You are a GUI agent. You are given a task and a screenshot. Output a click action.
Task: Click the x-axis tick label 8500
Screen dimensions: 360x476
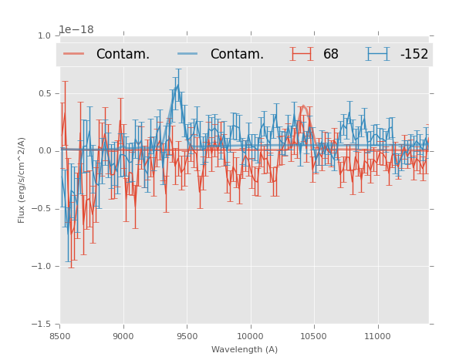click(60, 336)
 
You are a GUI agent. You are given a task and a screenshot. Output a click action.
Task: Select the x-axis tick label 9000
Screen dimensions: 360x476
click(123, 336)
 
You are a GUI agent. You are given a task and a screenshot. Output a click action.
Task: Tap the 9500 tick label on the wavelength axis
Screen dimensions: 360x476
click(187, 336)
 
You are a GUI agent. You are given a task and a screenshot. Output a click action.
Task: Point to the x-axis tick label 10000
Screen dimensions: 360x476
click(251, 336)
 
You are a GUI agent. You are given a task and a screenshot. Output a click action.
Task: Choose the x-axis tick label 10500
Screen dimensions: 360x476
click(314, 336)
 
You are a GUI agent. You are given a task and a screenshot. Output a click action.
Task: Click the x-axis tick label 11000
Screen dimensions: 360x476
click(377, 336)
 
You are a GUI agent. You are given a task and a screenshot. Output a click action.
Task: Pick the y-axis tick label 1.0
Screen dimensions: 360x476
click(46, 35)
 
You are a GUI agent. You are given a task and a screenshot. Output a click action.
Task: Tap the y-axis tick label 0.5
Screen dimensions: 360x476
click(46, 93)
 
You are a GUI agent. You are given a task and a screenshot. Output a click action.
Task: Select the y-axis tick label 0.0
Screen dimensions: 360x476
click(46, 151)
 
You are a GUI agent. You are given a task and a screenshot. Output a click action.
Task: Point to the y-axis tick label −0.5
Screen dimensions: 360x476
click(43, 209)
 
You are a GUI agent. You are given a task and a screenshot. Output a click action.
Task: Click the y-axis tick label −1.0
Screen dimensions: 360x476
click(43, 267)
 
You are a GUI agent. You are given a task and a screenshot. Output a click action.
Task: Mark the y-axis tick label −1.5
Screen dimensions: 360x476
click(43, 325)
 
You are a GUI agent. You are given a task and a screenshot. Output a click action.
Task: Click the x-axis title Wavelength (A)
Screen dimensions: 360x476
click(245, 349)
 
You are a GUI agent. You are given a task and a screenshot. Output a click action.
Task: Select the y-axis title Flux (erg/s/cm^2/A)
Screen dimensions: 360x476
click(22, 180)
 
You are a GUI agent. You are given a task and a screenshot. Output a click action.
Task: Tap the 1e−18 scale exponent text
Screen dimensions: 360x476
click(76, 30)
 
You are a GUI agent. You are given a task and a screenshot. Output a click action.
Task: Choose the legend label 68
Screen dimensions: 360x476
click(331, 55)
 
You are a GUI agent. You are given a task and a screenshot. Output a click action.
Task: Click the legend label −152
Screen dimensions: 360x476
click(414, 55)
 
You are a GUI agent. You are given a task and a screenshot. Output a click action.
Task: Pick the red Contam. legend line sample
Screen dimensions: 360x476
click(74, 54)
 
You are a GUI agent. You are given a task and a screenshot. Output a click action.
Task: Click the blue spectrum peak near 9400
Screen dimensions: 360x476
click(177, 85)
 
